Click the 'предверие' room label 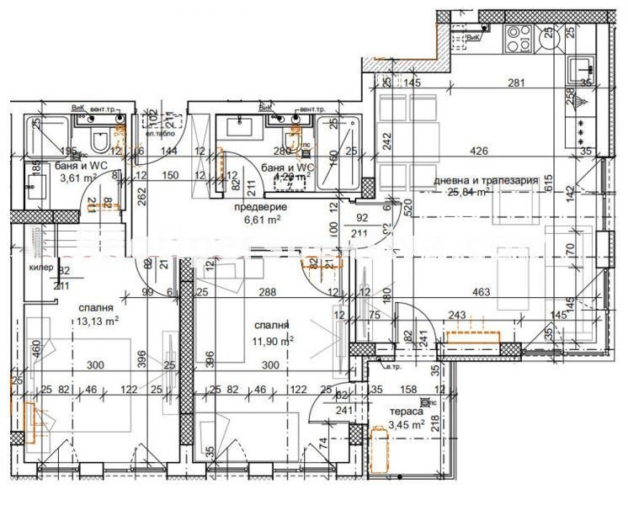coord(260,206)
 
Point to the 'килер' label coord(40,268)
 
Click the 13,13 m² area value coord(98,321)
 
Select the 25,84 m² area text coord(471,193)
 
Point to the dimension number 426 coord(479,151)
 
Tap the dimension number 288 coord(268,292)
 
